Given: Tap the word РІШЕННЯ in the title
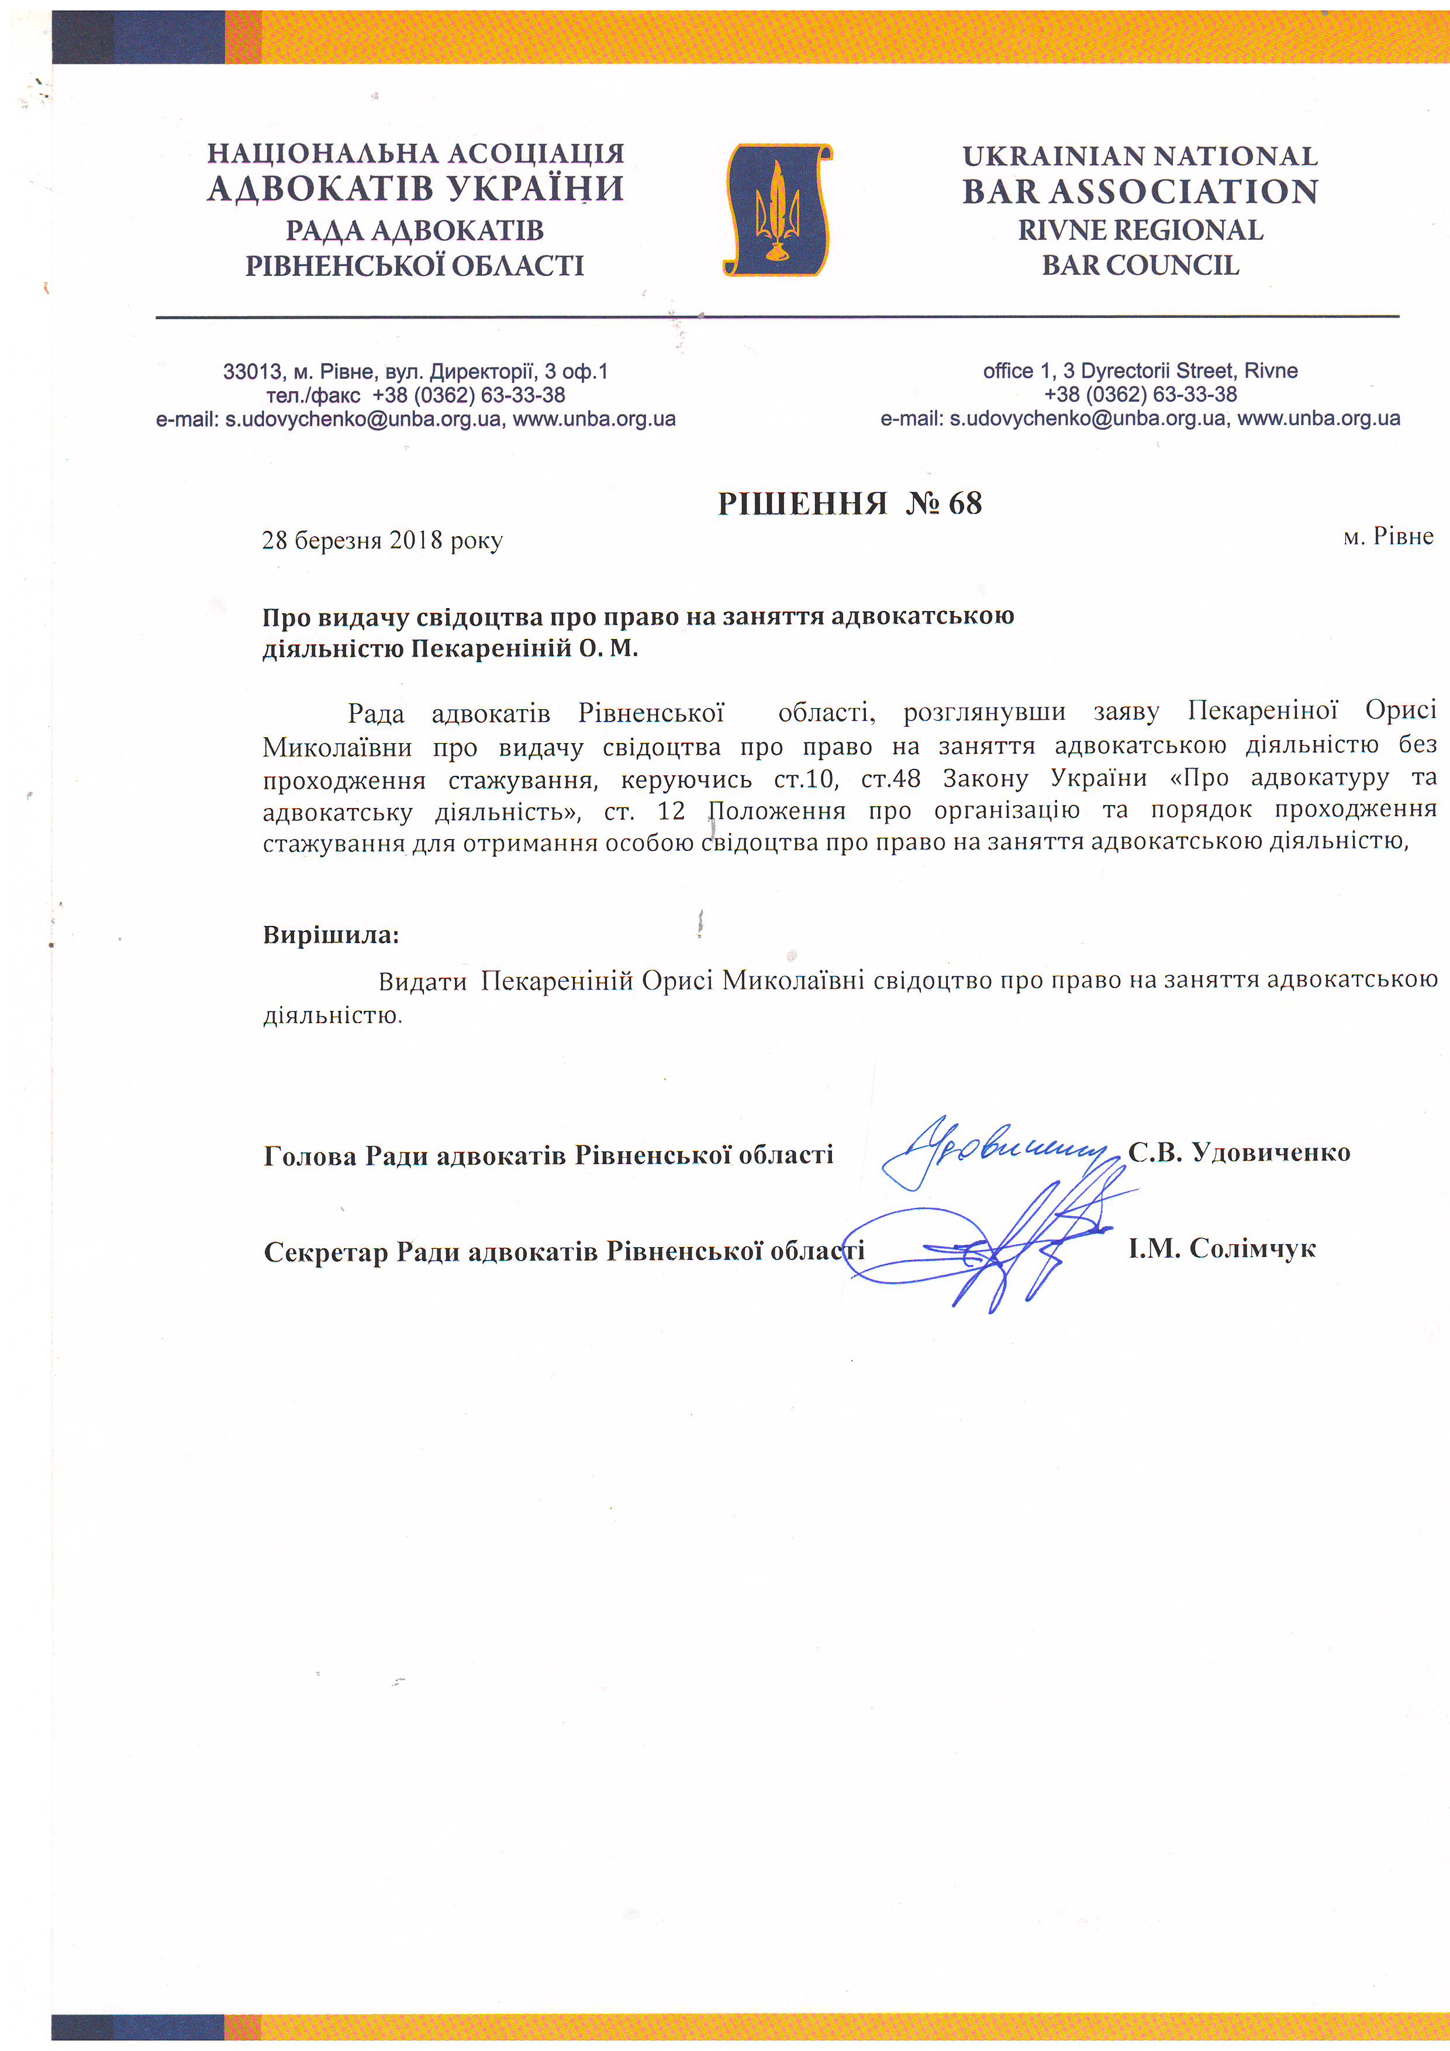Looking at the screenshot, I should point(802,504).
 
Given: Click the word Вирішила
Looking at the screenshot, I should point(330,935).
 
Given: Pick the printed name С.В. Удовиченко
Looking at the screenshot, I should point(1238,1152).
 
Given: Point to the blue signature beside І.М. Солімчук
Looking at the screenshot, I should point(992,1246).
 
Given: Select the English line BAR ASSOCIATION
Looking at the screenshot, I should point(1140,192).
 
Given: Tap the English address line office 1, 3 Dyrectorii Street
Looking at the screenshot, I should point(1140,371).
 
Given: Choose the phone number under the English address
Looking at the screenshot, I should point(1140,395).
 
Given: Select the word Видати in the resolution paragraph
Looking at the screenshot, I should point(423,982).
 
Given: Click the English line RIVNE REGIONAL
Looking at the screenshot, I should point(1140,230).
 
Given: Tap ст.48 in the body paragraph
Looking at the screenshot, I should point(890,779).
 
